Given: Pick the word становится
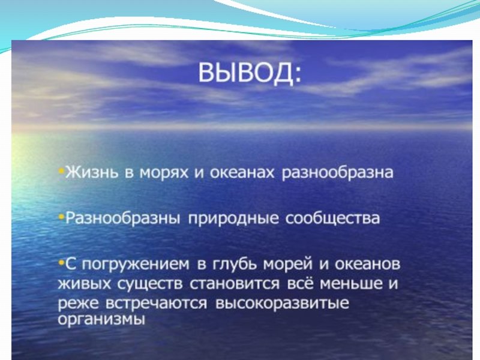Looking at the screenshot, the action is click(x=235, y=284).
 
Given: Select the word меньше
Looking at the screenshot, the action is click(x=351, y=284).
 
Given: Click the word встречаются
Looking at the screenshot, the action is click(x=156, y=304).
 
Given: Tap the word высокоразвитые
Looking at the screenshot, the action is click(x=282, y=304).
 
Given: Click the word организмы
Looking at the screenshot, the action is click(x=101, y=320).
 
